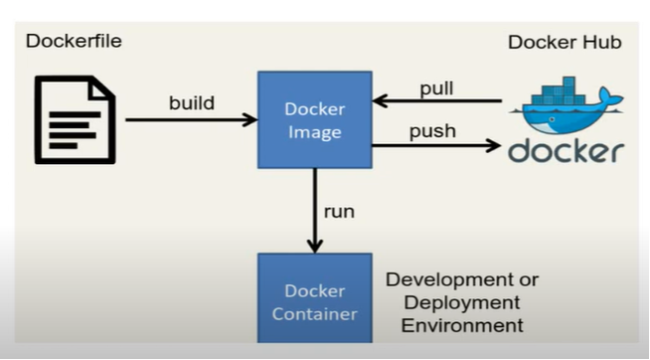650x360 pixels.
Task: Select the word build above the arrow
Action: coord(192,102)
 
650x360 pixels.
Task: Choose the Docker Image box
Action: coord(314,118)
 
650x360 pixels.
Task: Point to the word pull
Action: coord(436,88)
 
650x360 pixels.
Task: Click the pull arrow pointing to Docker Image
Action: coord(436,100)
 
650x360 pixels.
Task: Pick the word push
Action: coord(433,131)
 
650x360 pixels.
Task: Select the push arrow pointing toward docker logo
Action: coord(436,145)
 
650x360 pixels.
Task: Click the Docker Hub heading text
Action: coord(565,42)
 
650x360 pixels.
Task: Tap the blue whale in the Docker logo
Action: coord(567,115)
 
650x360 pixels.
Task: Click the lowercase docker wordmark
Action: coord(566,151)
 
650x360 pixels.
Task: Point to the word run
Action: coord(339,210)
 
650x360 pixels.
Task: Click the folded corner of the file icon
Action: coord(103,89)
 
